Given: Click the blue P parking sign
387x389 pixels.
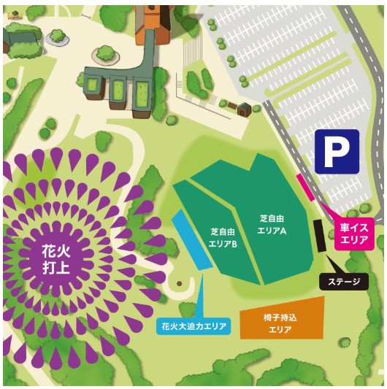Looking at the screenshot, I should pos(337,151).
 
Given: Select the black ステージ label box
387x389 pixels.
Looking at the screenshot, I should pos(345,281).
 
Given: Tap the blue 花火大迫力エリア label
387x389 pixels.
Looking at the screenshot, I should pos(193,326).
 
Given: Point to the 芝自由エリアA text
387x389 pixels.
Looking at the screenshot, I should pos(272,223).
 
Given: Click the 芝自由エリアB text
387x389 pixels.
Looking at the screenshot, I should pos(223,236).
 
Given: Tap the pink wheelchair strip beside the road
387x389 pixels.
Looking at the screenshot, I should pos(305,188).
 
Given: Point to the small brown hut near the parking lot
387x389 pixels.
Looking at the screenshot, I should pos(244,109).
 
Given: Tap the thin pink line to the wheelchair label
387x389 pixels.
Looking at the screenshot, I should pos(326,212).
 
